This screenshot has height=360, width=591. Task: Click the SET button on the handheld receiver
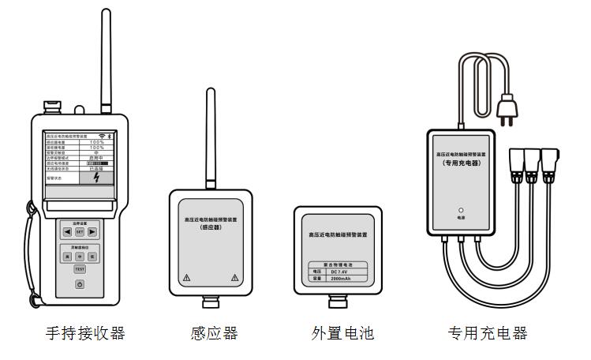click(x=80, y=232)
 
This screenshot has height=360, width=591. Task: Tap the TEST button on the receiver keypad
click(x=80, y=269)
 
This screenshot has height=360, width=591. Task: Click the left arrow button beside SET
click(x=67, y=232)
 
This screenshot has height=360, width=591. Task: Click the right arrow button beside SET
click(x=92, y=232)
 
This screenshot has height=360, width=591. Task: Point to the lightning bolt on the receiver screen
click(x=96, y=178)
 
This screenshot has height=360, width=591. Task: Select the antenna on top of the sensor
click(x=210, y=138)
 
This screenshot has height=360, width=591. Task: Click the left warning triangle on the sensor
click(x=186, y=278)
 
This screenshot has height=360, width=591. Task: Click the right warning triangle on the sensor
click(x=234, y=278)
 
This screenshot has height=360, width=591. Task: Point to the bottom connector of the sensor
click(x=210, y=302)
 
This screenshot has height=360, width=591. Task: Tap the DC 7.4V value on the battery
click(x=347, y=271)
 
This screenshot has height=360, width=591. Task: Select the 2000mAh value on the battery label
click(x=347, y=279)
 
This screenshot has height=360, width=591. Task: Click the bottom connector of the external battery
click(x=342, y=302)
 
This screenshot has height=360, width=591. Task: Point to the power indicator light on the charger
click(x=461, y=209)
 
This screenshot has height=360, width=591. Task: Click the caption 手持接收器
click(x=84, y=333)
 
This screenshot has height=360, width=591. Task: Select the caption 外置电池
click(x=342, y=333)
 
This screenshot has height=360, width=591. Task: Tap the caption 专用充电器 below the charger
click(x=487, y=333)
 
